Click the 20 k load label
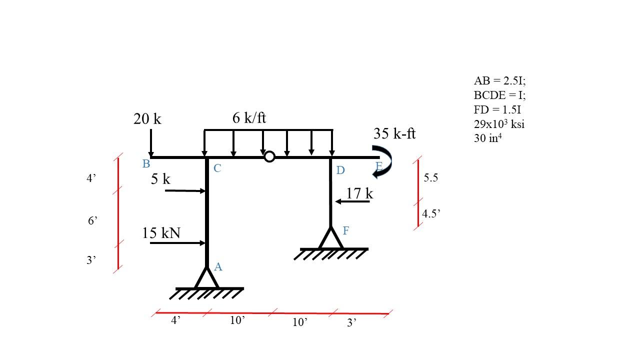pos(147,119)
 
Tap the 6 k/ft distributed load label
pos(249,118)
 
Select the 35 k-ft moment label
pos(394,133)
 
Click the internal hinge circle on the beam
pos(269,157)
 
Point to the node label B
pos(146,164)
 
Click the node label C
pos(217,168)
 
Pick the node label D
pos(340,170)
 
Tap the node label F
pos(345,230)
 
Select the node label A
pos(218,267)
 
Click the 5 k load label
pos(160,179)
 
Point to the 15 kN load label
pos(161,233)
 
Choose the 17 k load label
pos(359,193)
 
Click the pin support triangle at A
pos(206,278)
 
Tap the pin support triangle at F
pos(330,238)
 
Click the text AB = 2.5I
pos(499,80)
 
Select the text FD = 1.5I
pos(497,109)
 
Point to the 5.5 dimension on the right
pos(430,177)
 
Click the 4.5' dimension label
pos(431,213)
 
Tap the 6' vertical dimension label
pos(92,220)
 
